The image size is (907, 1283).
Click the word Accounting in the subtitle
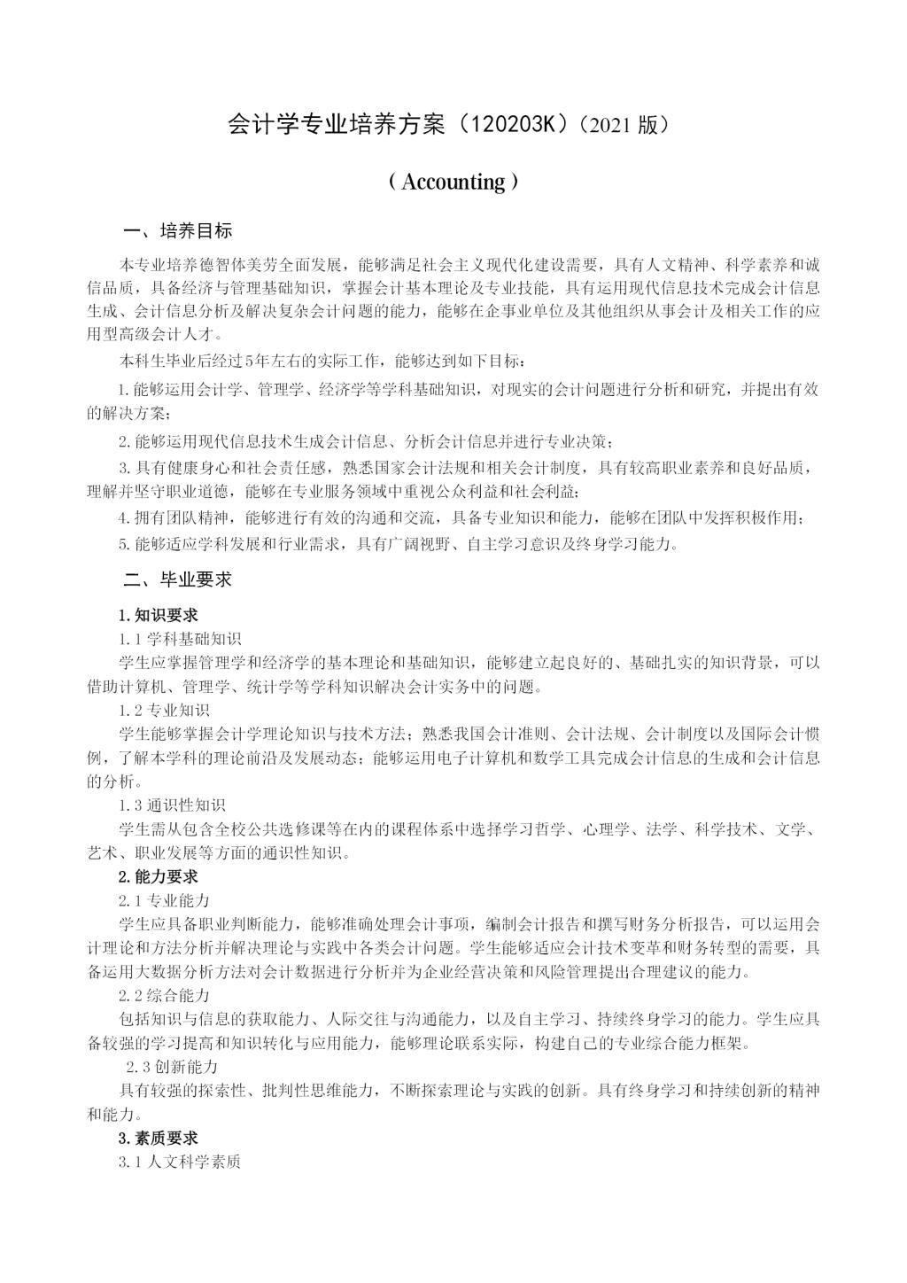click(x=453, y=182)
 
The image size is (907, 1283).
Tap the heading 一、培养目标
click(x=178, y=231)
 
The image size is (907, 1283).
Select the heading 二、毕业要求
click(x=178, y=579)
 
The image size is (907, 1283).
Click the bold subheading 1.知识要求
click(x=159, y=615)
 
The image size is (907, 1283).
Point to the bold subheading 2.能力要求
click(x=159, y=876)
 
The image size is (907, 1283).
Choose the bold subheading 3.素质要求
click(x=159, y=1138)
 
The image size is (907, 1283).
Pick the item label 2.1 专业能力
click(x=165, y=900)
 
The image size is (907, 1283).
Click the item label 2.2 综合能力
click(x=165, y=995)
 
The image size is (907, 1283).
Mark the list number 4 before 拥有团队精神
click(x=123, y=518)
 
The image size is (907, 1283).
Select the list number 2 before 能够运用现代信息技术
click(x=123, y=442)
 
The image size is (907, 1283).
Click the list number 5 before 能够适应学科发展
click(x=123, y=544)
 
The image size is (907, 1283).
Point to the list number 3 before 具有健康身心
click(x=123, y=467)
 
